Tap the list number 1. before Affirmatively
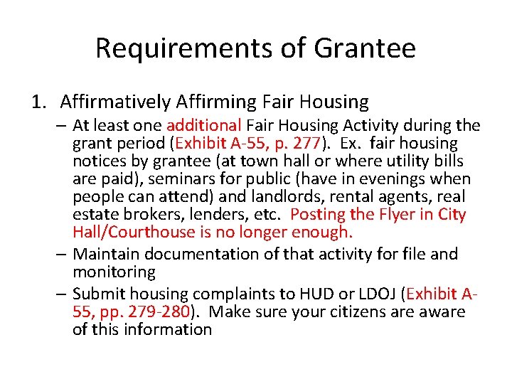click(40, 102)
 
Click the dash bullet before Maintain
click(63, 254)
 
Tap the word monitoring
click(114, 272)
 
